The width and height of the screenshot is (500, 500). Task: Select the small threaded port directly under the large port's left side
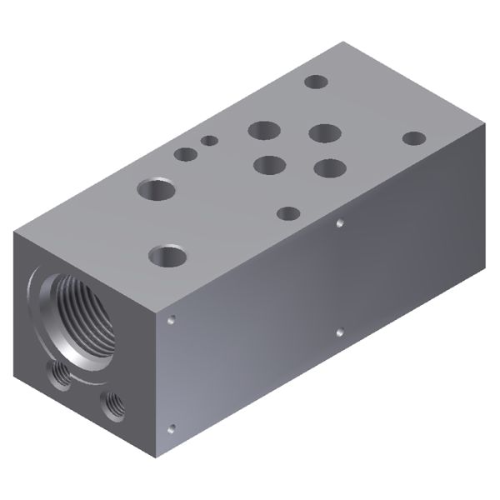(x=60, y=376)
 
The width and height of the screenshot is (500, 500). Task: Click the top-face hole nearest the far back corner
(x=316, y=82)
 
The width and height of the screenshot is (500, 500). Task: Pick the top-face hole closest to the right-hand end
(x=413, y=138)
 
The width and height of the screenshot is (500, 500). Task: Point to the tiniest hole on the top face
(x=209, y=140)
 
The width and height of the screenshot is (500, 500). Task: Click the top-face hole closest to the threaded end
(x=167, y=255)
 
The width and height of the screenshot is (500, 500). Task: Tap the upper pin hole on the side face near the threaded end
(x=171, y=319)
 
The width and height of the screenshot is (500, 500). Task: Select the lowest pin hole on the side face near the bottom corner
(x=172, y=429)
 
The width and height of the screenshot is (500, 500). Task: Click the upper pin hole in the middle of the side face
(x=339, y=222)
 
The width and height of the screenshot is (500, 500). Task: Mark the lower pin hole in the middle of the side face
(x=339, y=332)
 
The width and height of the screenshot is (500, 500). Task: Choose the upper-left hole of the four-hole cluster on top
(x=264, y=130)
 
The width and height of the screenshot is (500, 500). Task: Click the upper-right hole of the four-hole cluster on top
(x=324, y=133)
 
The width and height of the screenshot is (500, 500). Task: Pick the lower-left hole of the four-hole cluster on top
(x=268, y=164)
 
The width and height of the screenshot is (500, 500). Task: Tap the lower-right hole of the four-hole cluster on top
(x=330, y=168)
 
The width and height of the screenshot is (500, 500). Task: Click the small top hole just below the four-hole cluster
(x=287, y=213)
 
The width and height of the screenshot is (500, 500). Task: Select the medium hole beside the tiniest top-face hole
(x=186, y=153)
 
